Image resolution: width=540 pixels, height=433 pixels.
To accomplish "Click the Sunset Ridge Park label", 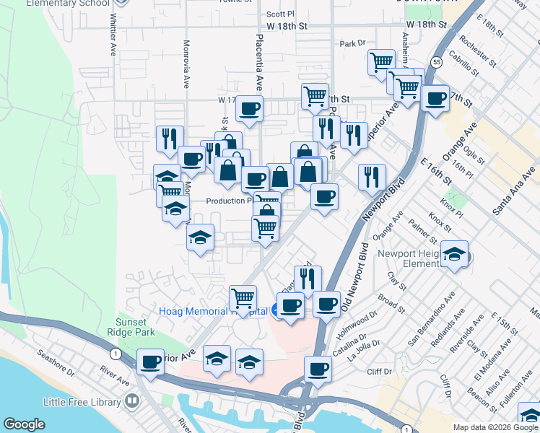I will coord(135,327).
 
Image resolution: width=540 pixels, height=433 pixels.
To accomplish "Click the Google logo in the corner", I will coord(25,424).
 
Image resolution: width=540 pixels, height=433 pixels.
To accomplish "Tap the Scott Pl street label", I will coord(280,14).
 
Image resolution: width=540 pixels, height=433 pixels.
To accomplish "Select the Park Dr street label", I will coord(353,44).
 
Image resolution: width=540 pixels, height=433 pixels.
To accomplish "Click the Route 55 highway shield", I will coord(437,63).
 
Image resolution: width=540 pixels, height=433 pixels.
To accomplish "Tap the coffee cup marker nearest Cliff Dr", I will coord(318,369).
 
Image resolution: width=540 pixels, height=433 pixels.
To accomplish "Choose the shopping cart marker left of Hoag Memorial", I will coord(243,297).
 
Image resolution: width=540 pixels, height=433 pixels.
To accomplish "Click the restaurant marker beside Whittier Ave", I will coord(170,137).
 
